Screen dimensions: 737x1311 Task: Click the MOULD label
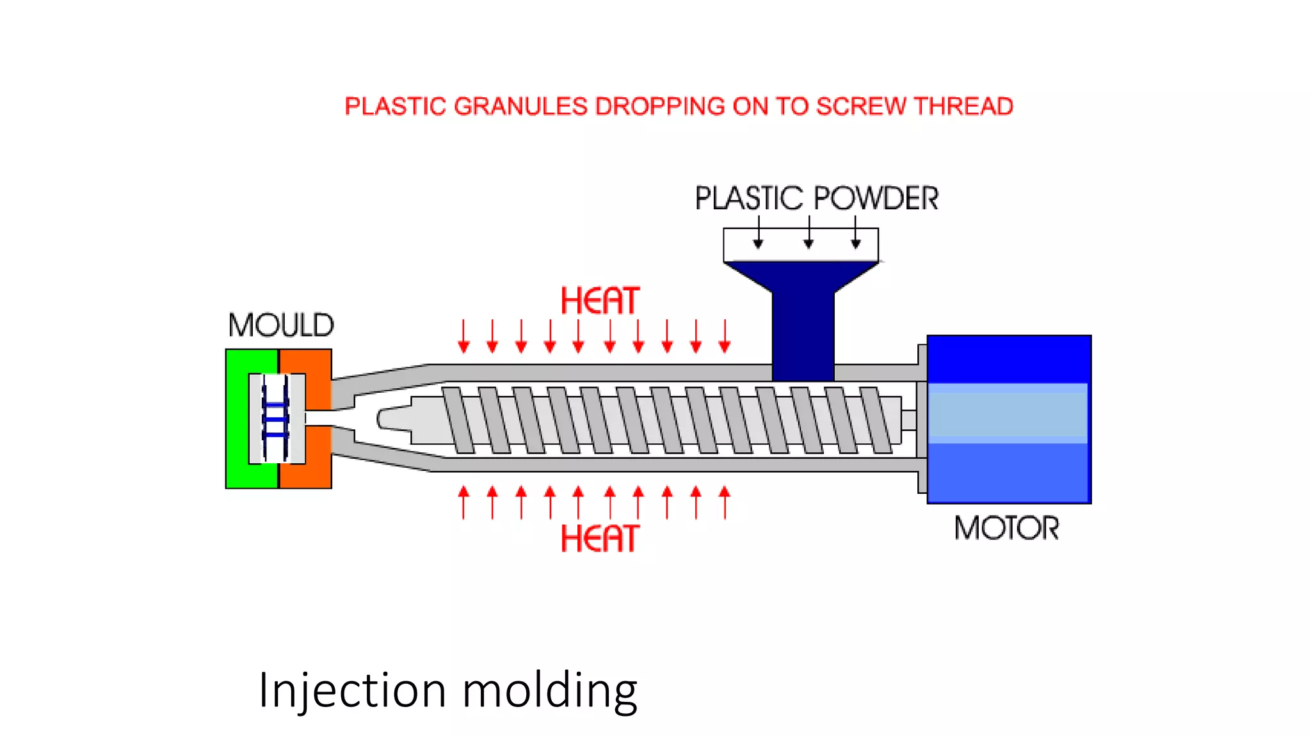point(281,325)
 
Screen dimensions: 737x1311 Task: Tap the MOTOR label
point(1006,528)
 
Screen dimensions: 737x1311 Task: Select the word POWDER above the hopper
point(876,198)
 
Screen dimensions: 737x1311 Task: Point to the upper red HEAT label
point(600,301)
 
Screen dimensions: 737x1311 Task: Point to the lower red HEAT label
point(600,538)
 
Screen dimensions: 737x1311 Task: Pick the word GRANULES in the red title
point(520,106)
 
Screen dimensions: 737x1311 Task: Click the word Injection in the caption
point(352,691)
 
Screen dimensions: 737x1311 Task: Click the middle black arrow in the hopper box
point(808,234)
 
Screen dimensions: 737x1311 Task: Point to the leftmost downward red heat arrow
point(464,337)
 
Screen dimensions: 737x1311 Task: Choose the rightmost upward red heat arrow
point(725,502)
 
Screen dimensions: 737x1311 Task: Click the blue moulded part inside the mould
point(276,420)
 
